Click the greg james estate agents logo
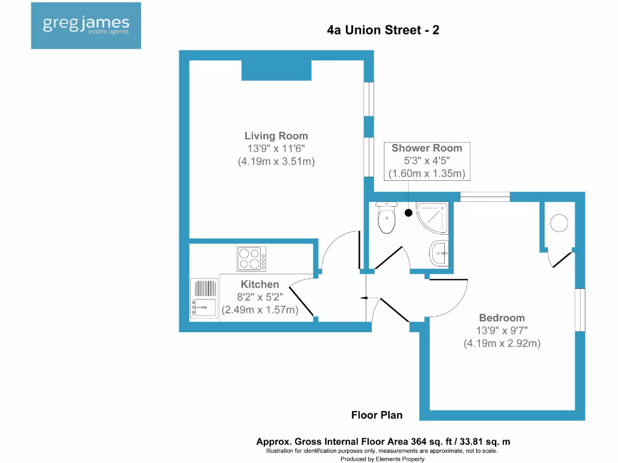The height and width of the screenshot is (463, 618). coord(86,25)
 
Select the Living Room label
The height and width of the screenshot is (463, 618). coord(276,136)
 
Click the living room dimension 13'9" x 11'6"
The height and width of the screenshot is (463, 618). coord(276,148)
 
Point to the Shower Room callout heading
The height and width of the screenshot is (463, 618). coord(427,148)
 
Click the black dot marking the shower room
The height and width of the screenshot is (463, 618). coord(409,212)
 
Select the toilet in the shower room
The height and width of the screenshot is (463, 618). coord(386,218)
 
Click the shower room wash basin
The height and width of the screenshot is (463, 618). coord(440,253)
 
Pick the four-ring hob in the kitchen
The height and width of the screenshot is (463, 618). coord(251,259)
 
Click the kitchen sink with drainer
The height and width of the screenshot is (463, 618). coord(204,298)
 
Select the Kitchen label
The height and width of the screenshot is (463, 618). coord(260,284)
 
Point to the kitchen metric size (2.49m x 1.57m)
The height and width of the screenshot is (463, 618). coord(260,310)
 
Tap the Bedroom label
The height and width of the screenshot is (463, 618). coord(502,318)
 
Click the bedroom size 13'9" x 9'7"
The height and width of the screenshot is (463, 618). coord(502,330)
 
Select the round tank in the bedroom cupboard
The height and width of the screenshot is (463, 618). coord(559,223)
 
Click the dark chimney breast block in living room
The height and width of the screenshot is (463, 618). coord(276,70)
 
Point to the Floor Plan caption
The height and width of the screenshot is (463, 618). coord(377,415)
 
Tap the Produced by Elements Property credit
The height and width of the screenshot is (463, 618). coord(383,459)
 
